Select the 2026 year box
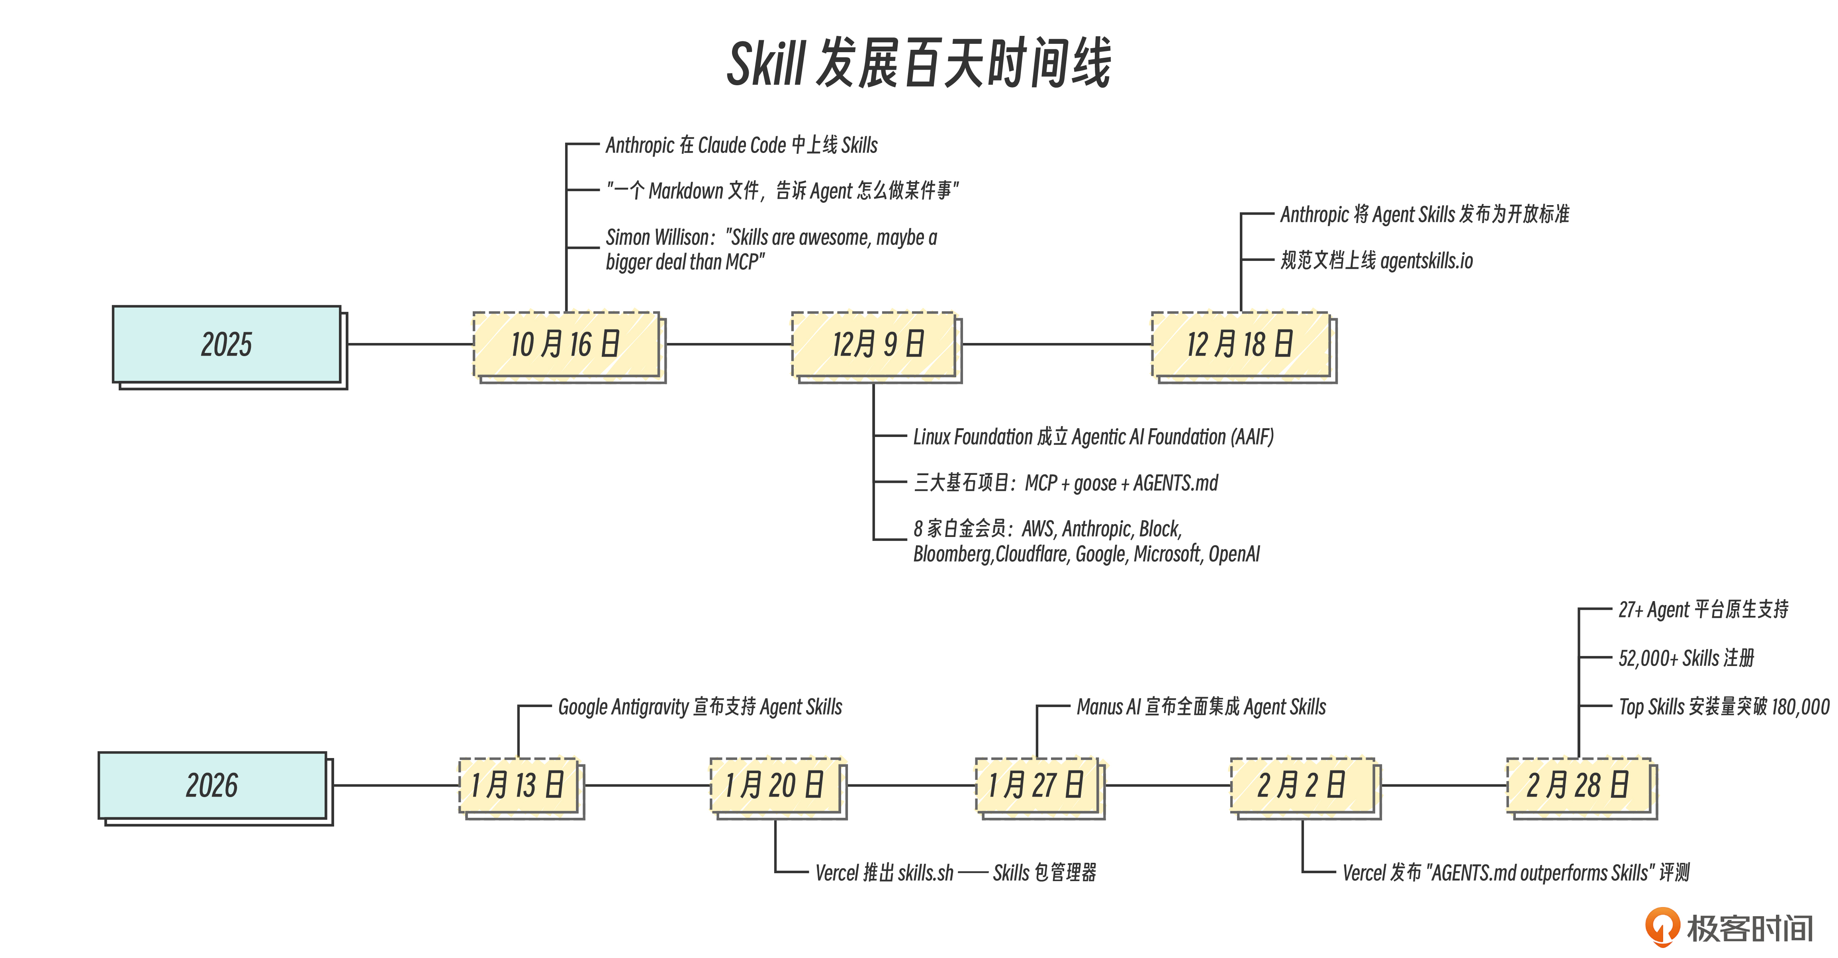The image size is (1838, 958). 212,785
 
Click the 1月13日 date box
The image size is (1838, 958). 518,785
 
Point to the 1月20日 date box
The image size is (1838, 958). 775,785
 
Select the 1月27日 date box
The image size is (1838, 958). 1037,785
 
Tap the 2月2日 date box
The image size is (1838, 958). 1302,785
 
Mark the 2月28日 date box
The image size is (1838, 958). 1578,785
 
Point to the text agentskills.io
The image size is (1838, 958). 1426,261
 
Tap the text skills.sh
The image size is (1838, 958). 926,872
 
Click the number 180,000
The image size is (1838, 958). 1800,707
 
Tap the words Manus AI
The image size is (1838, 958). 1108,707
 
